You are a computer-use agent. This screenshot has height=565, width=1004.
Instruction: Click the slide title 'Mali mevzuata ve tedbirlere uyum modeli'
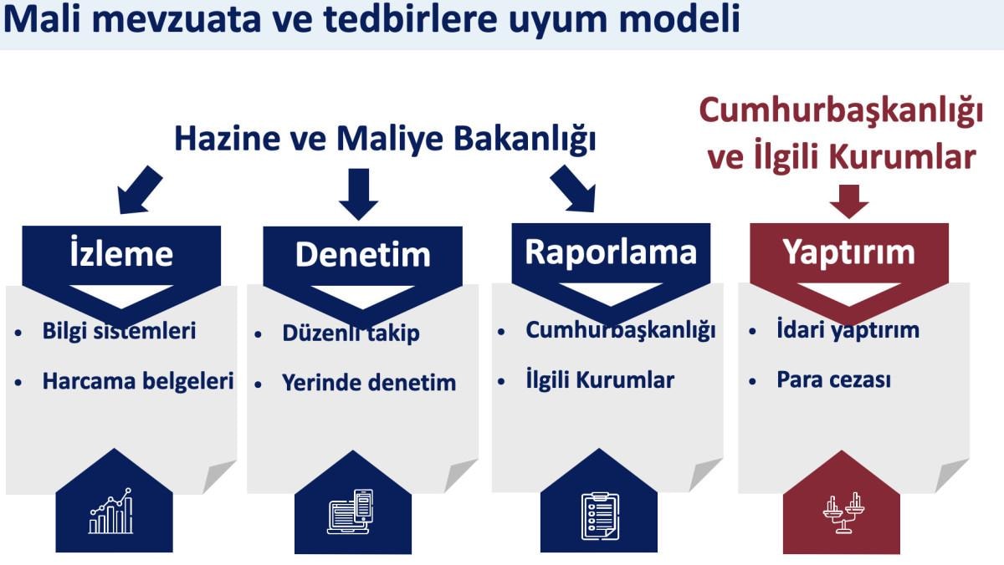[x=371, y=18]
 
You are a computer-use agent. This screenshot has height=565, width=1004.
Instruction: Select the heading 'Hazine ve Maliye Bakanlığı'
[x=385, y=139]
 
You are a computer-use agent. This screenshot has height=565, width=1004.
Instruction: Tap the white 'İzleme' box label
[x=121, y=252]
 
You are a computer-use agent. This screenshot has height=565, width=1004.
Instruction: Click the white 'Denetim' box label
[x=362, y=254]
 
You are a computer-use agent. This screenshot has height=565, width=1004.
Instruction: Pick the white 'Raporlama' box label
[x=611, y=252]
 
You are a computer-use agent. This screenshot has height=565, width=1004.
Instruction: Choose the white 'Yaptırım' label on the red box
[x=849, y=253]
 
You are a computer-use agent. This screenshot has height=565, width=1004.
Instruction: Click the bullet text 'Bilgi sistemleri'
[x=119, y=331]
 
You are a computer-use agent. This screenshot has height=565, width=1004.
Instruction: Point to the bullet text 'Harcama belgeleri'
[x=138, y=381]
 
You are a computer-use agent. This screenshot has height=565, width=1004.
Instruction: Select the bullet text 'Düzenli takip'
[x=351, y=333]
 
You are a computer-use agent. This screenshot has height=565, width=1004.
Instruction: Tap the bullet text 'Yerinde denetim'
[x=369, y=383]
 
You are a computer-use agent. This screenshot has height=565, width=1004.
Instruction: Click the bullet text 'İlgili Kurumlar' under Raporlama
[x=600, y=379]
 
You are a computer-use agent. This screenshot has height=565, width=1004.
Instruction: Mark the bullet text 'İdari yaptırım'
[x=848, y=330]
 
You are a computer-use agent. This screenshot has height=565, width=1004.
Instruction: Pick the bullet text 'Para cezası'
[x=833, y=379]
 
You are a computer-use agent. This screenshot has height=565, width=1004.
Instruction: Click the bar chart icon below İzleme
[x=111, y=511]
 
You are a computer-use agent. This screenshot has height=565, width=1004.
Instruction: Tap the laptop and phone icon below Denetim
[x=350, y=512]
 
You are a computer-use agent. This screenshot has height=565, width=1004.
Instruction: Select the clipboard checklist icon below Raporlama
[x=600, y=516]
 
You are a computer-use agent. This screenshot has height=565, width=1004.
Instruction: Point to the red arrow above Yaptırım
[x=849, y=201]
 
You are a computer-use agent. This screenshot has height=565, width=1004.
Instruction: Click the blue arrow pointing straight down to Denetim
[x=359, y=194]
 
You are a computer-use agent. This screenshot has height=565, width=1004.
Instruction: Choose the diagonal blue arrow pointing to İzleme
[x=139, y=191]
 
